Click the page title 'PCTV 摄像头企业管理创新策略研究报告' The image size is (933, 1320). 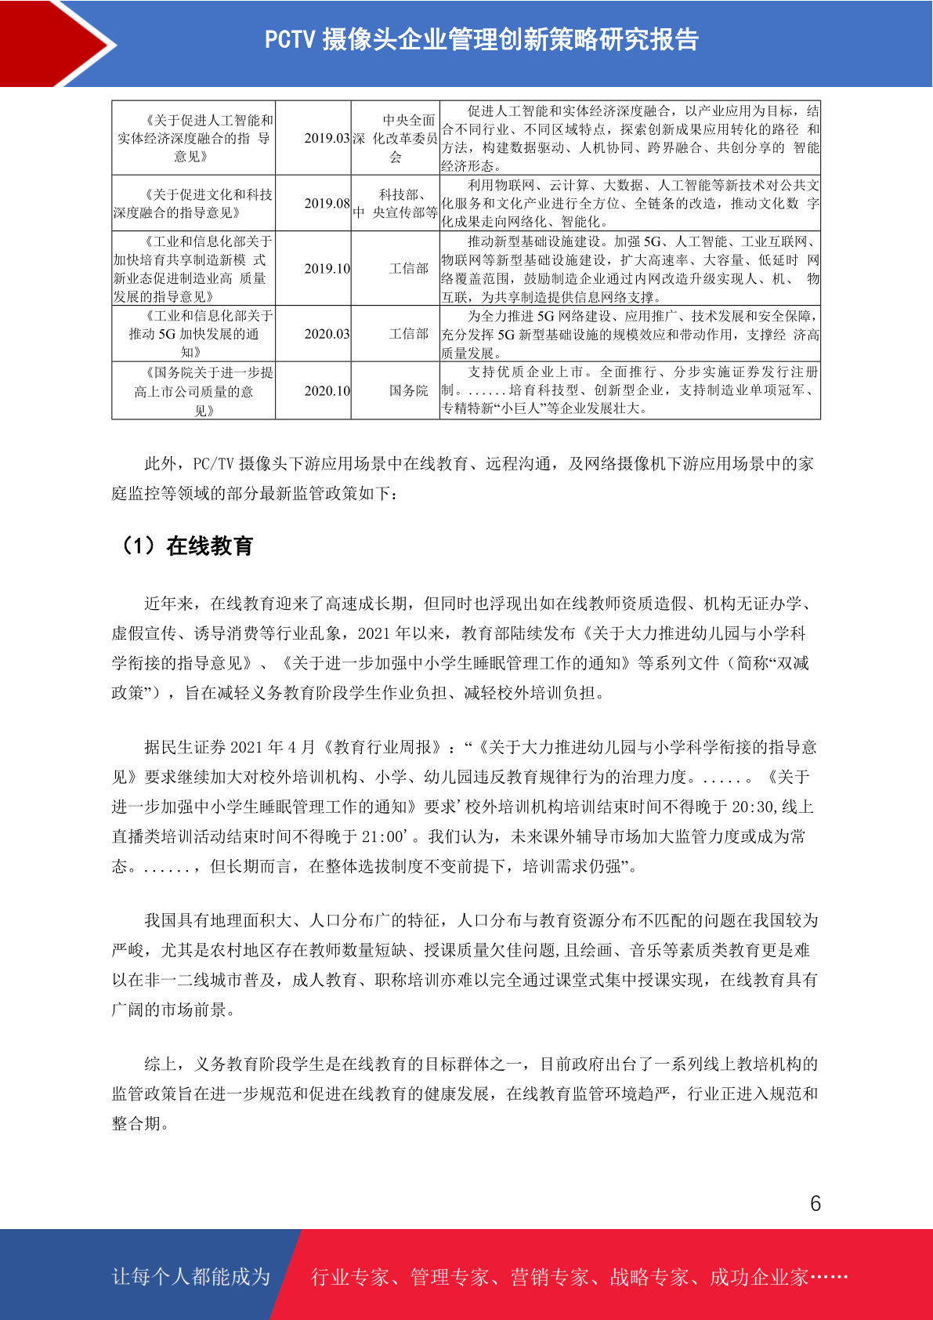click(x=481, y=39)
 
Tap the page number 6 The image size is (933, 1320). click(x=815, y=1203)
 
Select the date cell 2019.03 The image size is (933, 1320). click(x=327, y=138)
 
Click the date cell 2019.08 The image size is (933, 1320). click(x=327, y=203)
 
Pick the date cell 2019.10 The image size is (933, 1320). click(x=327, y=268)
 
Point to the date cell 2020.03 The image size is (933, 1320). click(x=327, y=334)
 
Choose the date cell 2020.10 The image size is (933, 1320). click(x=327, y=390)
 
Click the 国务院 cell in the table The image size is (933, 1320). click(x=409, y=390)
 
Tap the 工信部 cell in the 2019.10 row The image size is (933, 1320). click(x=409, y=268)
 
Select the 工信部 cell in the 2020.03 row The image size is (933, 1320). click(x=409, y=334)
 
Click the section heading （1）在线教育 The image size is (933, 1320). click(x=185, y=546)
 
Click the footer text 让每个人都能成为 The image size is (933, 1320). click(x=191, y=1277)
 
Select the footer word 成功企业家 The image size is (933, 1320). click(x=758, y=1277)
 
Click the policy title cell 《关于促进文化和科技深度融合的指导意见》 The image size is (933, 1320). click(x=193, y=203)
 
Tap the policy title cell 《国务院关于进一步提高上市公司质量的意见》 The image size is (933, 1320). click(x=193, y=390)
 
